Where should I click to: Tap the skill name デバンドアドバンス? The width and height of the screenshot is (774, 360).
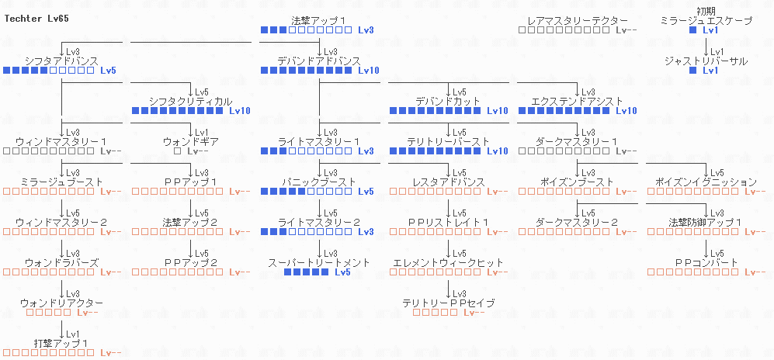[x=319, y=61]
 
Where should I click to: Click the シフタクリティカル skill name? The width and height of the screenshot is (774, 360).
[x=190, y=101]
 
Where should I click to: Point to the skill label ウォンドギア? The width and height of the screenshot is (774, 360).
[x=190, y=142]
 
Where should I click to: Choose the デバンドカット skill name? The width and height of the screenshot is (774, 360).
[x=448, y=101]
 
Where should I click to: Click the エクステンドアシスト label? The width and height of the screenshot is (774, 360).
[x=577, y=101]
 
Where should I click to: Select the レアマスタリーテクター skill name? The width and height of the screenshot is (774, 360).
[x=577, y=20]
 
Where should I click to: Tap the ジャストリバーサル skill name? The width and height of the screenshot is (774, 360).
[x=706, y=61]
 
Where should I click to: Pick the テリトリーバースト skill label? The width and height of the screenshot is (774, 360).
[x=448, y=142]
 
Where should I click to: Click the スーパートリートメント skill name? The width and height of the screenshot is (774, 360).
[x=319, y=263]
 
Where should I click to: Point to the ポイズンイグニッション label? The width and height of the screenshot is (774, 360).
[x=706, y=182]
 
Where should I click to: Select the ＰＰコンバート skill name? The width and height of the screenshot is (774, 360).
[x=706, y=263]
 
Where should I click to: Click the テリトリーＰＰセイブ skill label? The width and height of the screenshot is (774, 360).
[x=448, y=303]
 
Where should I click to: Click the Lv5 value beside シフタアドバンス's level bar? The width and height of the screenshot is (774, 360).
[x=108, y=71]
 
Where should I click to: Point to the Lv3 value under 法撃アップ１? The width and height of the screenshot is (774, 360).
[x=366, y=30]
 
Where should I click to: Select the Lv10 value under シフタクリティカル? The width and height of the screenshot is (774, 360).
[x=240, y=111]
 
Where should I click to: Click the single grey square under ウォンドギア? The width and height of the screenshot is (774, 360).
[x=177, y=151]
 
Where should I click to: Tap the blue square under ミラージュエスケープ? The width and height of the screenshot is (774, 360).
[x=693, y=30]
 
